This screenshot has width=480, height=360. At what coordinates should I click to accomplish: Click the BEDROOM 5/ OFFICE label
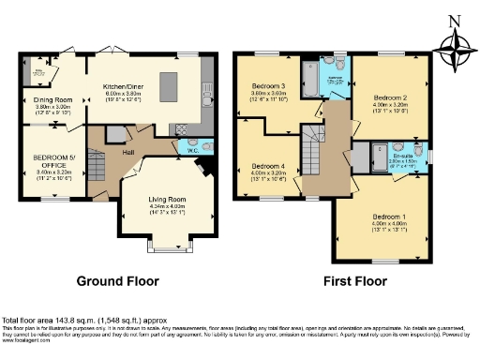click(x=52, y=161)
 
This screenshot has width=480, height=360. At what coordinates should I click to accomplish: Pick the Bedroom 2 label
click(x=390, y=97)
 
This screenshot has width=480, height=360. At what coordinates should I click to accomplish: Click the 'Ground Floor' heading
click(x=117, y=281)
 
